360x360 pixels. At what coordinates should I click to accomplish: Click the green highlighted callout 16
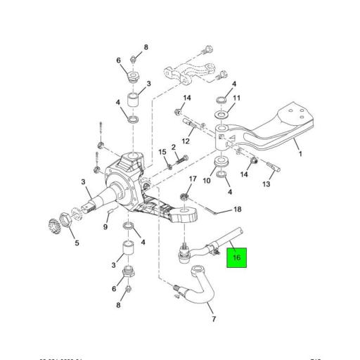[x=237, y=258]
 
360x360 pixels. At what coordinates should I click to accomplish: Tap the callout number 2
[x=173, y=147]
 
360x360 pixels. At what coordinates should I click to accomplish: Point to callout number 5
[x=77, y=245]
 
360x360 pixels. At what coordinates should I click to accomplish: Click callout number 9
[x=106, y=227]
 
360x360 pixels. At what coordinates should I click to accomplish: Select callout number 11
[x=237, y=98]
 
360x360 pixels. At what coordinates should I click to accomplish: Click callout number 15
[x=161, y=152]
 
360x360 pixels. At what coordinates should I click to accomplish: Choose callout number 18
[x=237, y=210]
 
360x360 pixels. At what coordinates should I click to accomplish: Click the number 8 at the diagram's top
[x=146, y=47]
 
